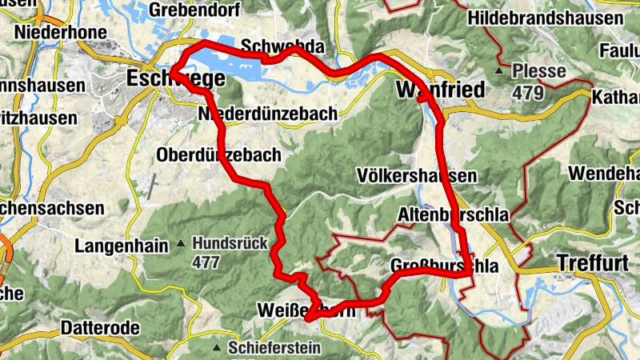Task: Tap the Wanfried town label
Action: point(441,90)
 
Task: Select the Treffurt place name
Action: point(594,262)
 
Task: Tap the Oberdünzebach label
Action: point(219,154)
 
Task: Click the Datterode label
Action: point(101,328)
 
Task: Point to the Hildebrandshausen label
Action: point(557,18)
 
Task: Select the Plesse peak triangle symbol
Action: point(500,72)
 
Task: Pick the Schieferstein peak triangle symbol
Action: point(216,348)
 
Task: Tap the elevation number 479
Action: point(528,93)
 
